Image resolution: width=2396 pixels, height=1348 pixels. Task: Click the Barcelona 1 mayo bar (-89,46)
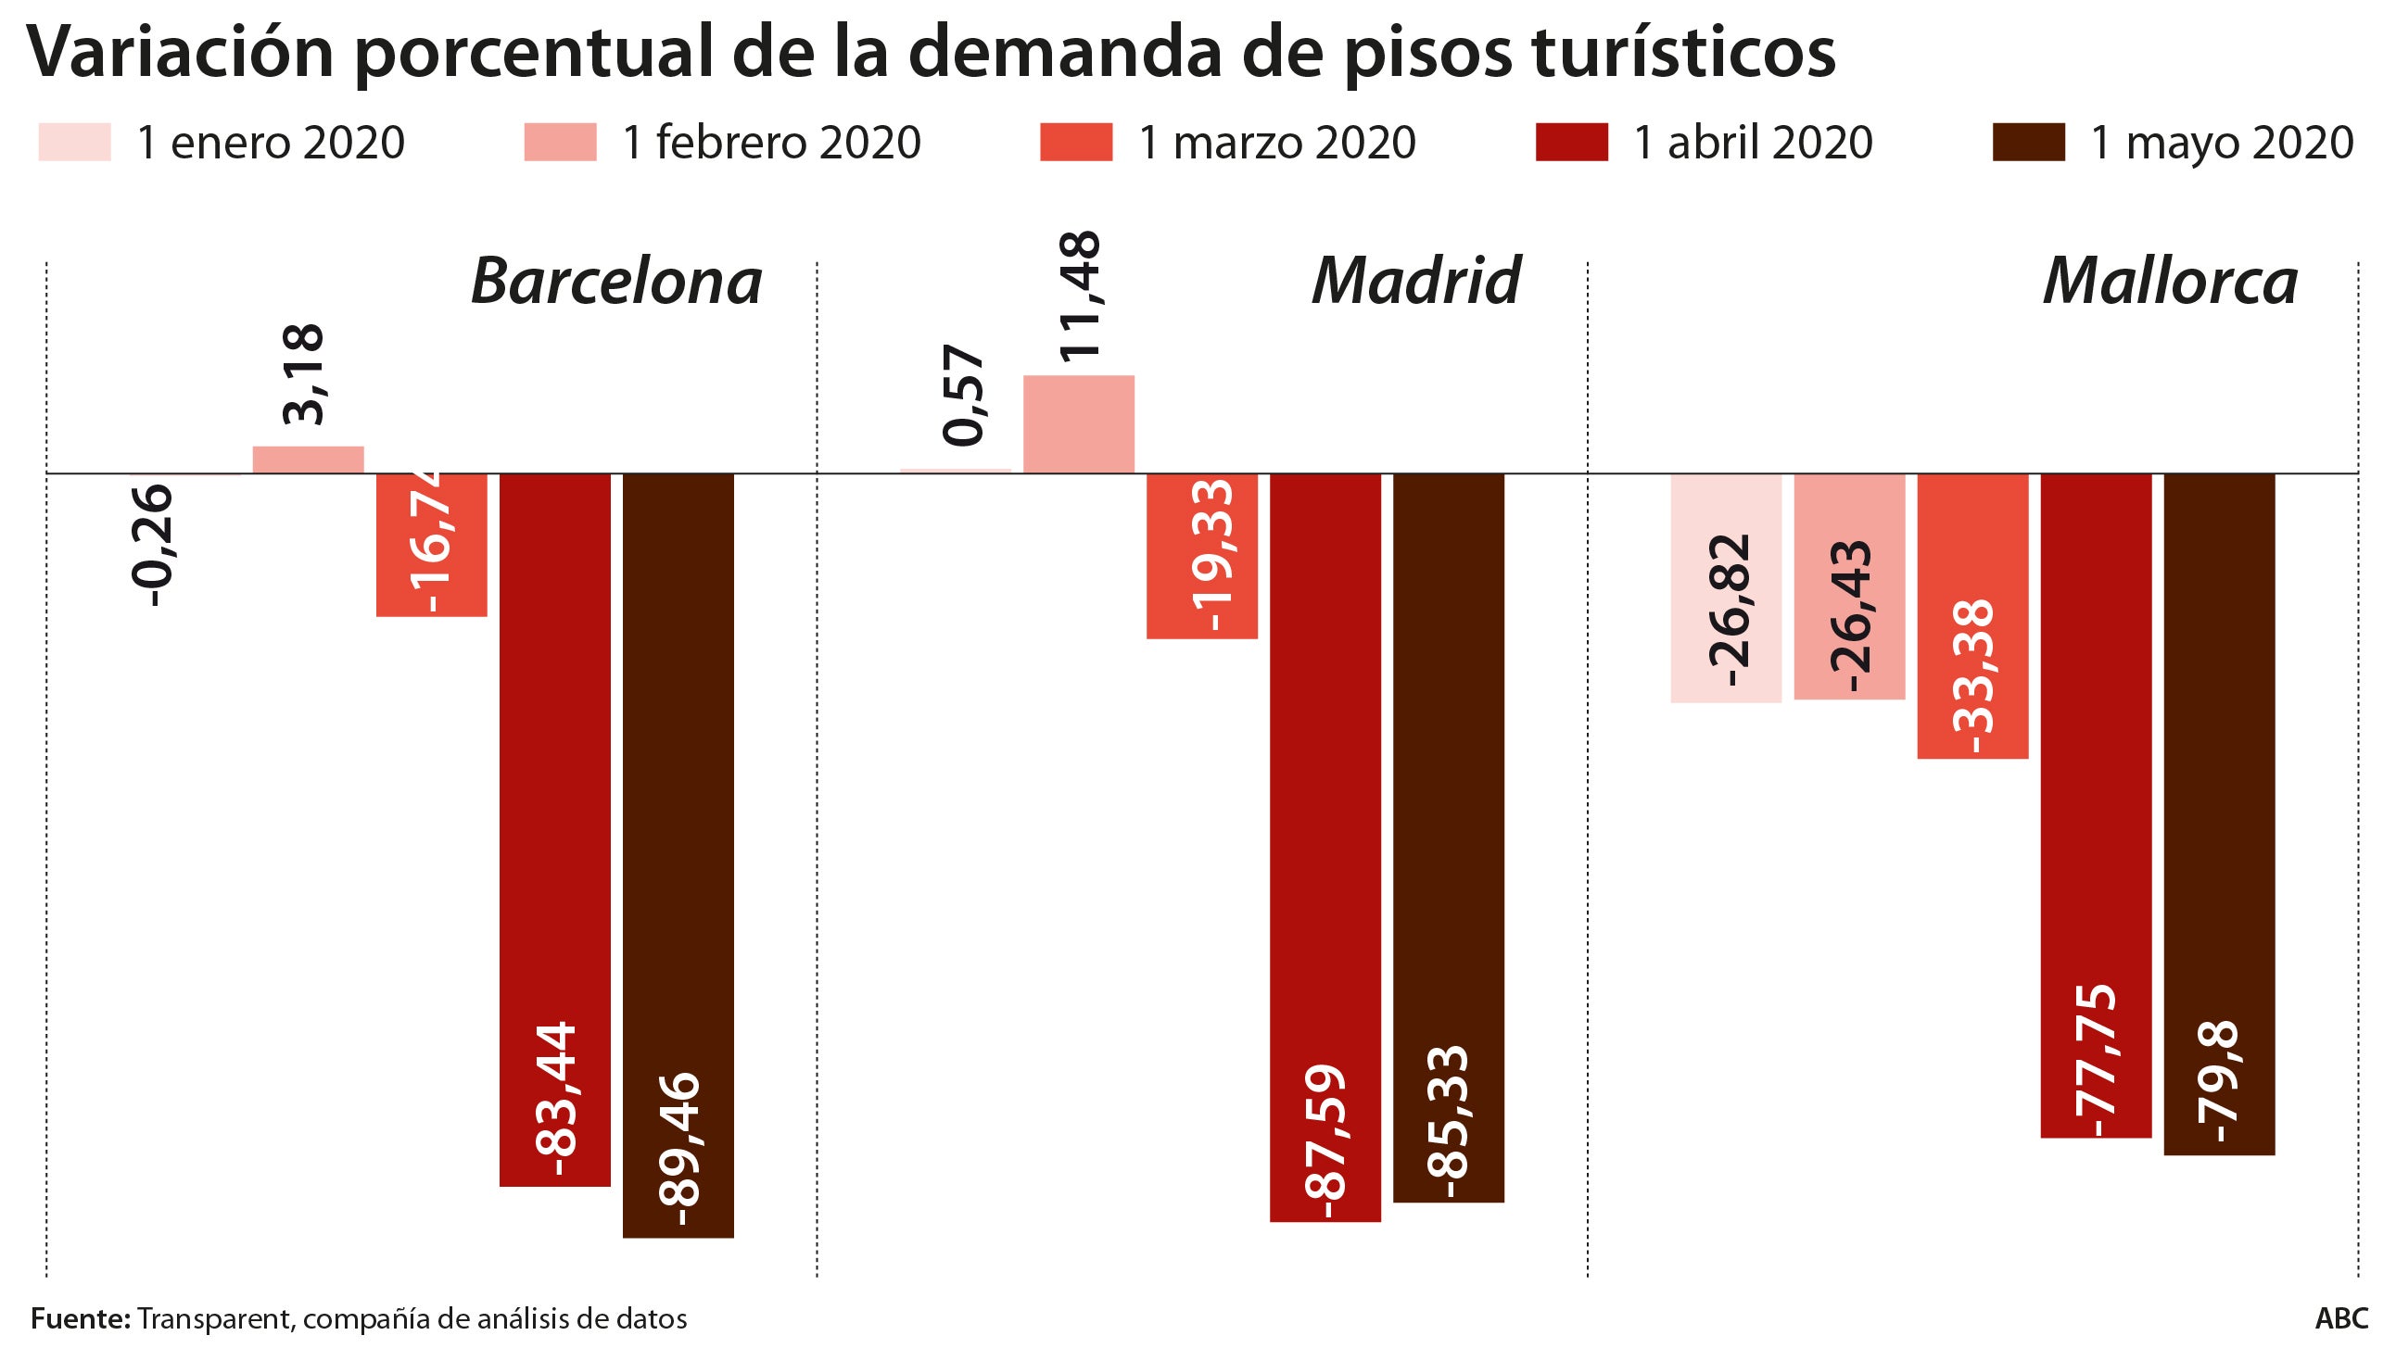[678, 855]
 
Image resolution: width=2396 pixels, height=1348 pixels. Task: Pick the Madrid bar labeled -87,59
[1325, 847]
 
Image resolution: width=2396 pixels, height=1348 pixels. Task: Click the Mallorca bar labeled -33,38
[1971, 616]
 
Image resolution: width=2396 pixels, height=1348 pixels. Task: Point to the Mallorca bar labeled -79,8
[2218, 814]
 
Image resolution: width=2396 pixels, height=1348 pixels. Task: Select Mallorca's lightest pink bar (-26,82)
[1725, 588]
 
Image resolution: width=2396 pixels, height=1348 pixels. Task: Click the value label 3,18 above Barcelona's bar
[304, 374]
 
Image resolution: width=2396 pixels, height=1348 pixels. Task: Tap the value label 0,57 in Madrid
[964, 395]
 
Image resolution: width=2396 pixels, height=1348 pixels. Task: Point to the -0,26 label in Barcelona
[151, 547]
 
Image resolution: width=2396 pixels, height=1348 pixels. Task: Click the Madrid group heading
[1414, 281]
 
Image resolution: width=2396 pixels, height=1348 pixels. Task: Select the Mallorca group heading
[2169, 281]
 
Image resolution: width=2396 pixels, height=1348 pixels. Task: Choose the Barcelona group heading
[615, 281]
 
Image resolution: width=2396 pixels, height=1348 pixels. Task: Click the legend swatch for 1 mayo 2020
[2028, 143]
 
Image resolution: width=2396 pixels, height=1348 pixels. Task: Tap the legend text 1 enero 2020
[270, 143]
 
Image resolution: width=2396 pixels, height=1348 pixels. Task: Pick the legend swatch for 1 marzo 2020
[1075, 143]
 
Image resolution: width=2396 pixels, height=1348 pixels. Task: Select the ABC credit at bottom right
[2340, 1318]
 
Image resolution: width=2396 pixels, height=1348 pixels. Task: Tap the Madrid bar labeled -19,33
[1202, 556]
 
